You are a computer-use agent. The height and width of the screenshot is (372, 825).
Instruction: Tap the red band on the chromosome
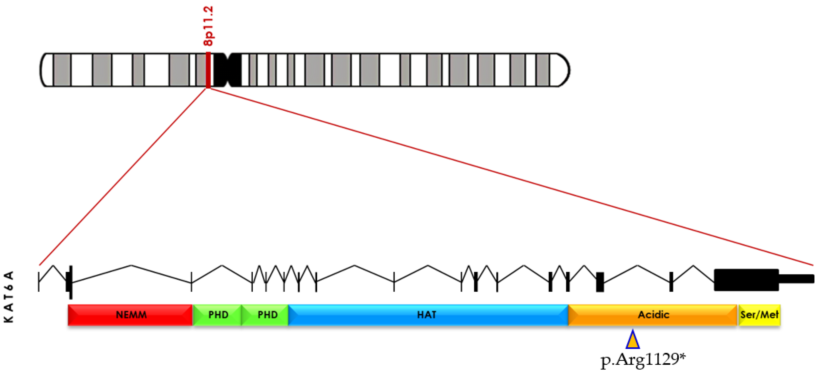click(x=208, y=70)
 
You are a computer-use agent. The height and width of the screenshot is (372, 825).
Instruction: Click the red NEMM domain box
click(x=96, y=315)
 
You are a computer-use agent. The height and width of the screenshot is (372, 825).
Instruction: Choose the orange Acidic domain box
click(x=608, y=315)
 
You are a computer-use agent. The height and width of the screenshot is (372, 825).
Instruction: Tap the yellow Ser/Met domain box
click(x=759, y=315)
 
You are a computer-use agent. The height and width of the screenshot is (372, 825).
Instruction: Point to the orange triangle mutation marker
click(x=632, y=340)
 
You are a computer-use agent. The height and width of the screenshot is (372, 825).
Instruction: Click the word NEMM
click(x=131, y=315)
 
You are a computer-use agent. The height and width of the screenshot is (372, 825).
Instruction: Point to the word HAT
click(x=427, y=315)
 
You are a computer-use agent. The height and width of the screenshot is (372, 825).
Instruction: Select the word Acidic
click(x=653, y=315)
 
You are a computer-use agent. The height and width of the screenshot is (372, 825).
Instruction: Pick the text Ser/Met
click(x=759, y=315)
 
